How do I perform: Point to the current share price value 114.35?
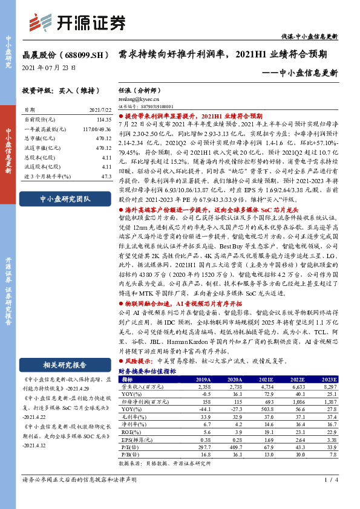point(103,120)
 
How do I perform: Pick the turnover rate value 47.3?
point(106,175)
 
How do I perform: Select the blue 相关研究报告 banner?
point(64,365)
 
